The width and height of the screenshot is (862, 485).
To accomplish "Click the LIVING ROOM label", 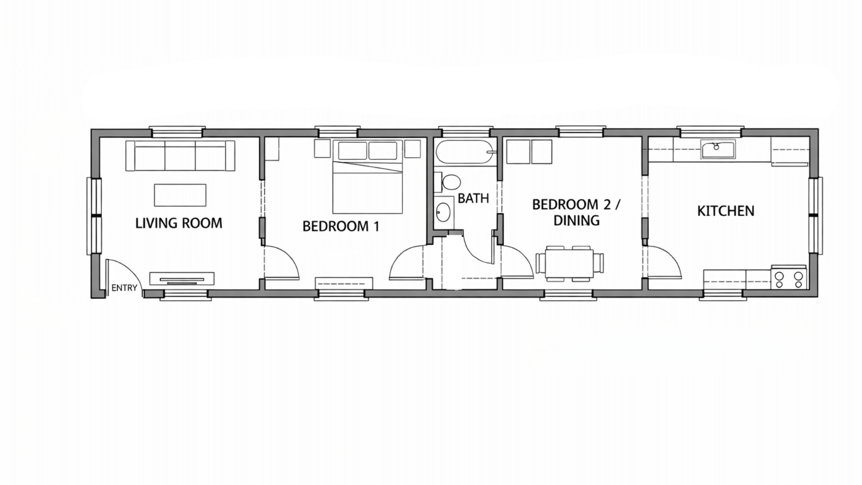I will (179, 223).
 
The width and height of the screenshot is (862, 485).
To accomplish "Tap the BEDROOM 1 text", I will (341, 226).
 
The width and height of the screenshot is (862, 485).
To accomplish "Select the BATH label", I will (473, 198).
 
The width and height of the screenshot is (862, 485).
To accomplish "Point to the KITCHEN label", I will (726, 211).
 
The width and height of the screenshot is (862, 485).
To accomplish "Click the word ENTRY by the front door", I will (124, 288).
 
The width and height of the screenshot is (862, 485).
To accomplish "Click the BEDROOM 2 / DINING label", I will (576, 212).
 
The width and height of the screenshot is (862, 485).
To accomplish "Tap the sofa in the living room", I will (180, 156).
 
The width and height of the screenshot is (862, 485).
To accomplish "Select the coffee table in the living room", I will (180, 195).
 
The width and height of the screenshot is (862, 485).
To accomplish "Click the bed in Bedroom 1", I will (367, 184).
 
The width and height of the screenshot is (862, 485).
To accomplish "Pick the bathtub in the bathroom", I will (465, 153).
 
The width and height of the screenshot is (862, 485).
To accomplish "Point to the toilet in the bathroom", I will (450, 183).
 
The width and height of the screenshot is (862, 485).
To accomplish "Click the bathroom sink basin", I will (444, 211).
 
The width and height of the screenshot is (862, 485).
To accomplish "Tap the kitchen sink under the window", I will (718, 149).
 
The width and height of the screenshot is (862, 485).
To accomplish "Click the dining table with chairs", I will (569, 264).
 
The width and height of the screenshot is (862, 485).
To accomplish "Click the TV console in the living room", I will (182, 278).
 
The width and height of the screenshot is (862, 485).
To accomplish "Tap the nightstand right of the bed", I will (412, 149).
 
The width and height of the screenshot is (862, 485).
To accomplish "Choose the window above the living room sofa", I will (176, 132).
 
